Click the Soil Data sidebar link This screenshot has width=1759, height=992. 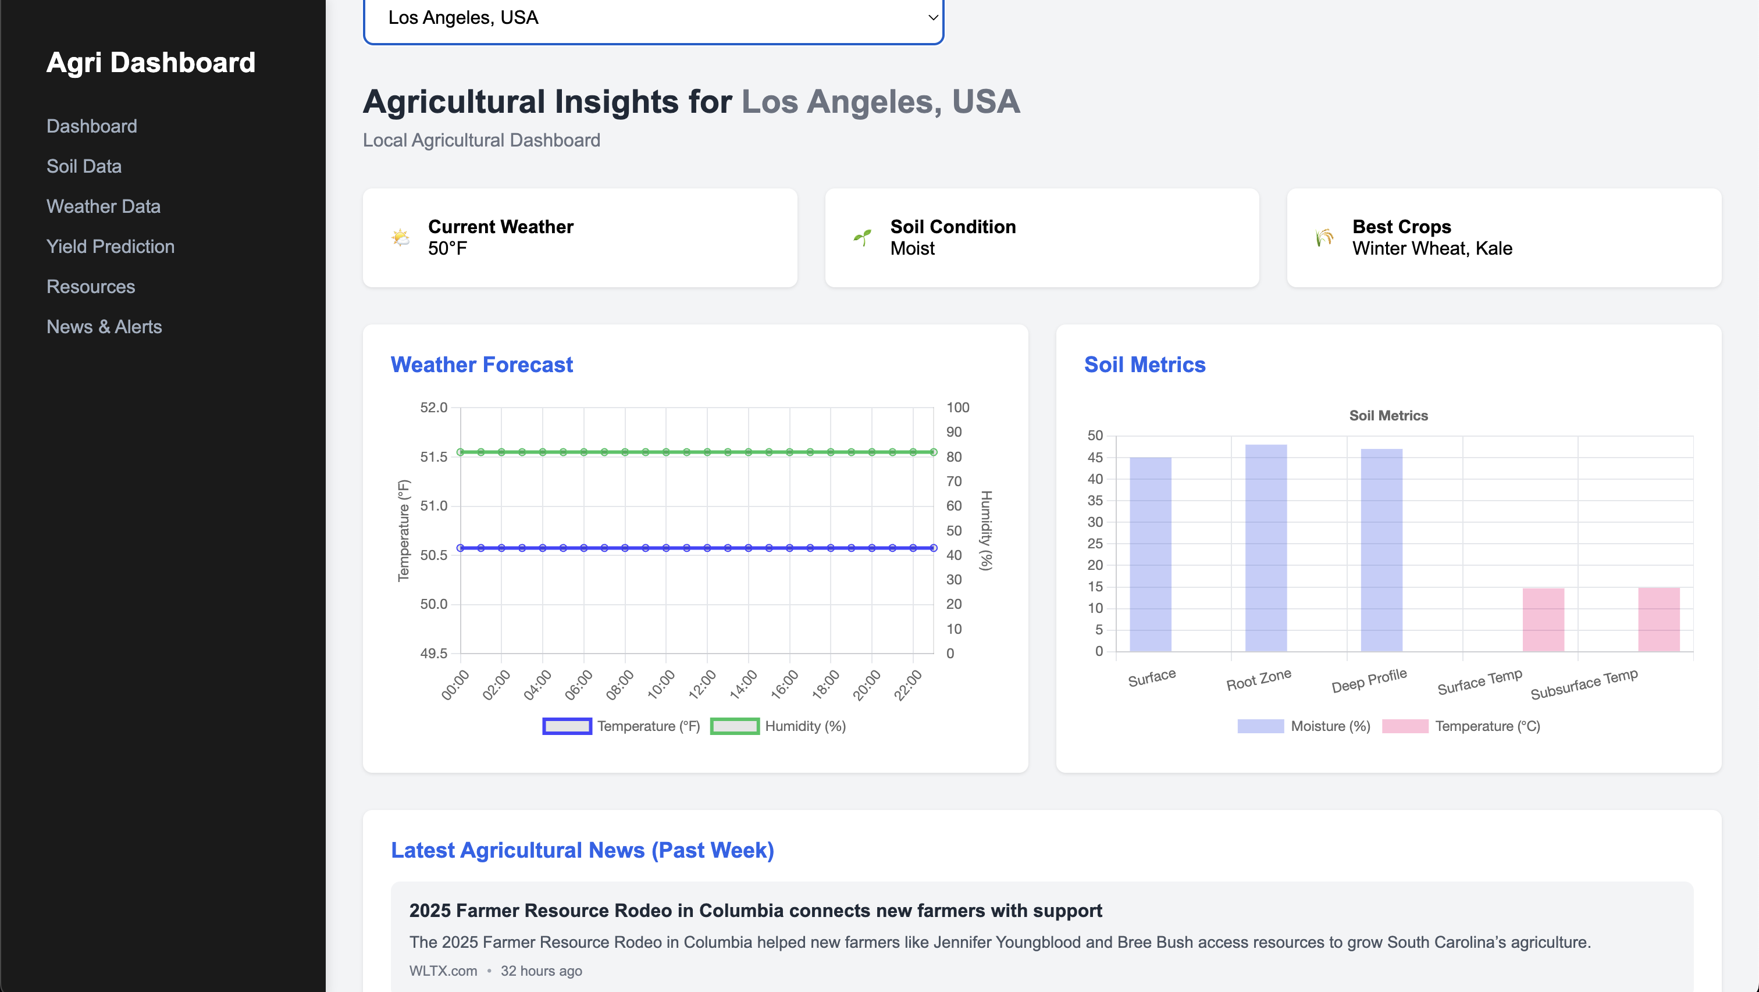tap(84, 166)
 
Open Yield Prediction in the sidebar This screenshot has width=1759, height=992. tap(110, 247)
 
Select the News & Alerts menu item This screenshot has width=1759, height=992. tap(104, 326)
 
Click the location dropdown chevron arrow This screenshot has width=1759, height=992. tap(932, 18)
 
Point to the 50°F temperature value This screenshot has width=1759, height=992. tap(447, 248)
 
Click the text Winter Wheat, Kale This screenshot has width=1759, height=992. tap(1432, 248)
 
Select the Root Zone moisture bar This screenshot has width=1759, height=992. tap(1265, 548)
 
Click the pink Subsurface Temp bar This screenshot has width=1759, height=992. tap(1658, 619)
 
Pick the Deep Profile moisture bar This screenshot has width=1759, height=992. tap(1381, 549)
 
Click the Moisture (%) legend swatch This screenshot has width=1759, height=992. tap(1260, 726)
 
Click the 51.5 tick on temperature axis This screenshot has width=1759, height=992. tap(433, 456)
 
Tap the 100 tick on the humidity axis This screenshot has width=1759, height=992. tap(957, 408)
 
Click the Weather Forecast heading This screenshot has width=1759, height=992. tap(482, 365)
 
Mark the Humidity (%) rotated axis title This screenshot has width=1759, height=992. tap(986, 530)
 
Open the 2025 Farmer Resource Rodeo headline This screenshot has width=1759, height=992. tap(755, 911)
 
